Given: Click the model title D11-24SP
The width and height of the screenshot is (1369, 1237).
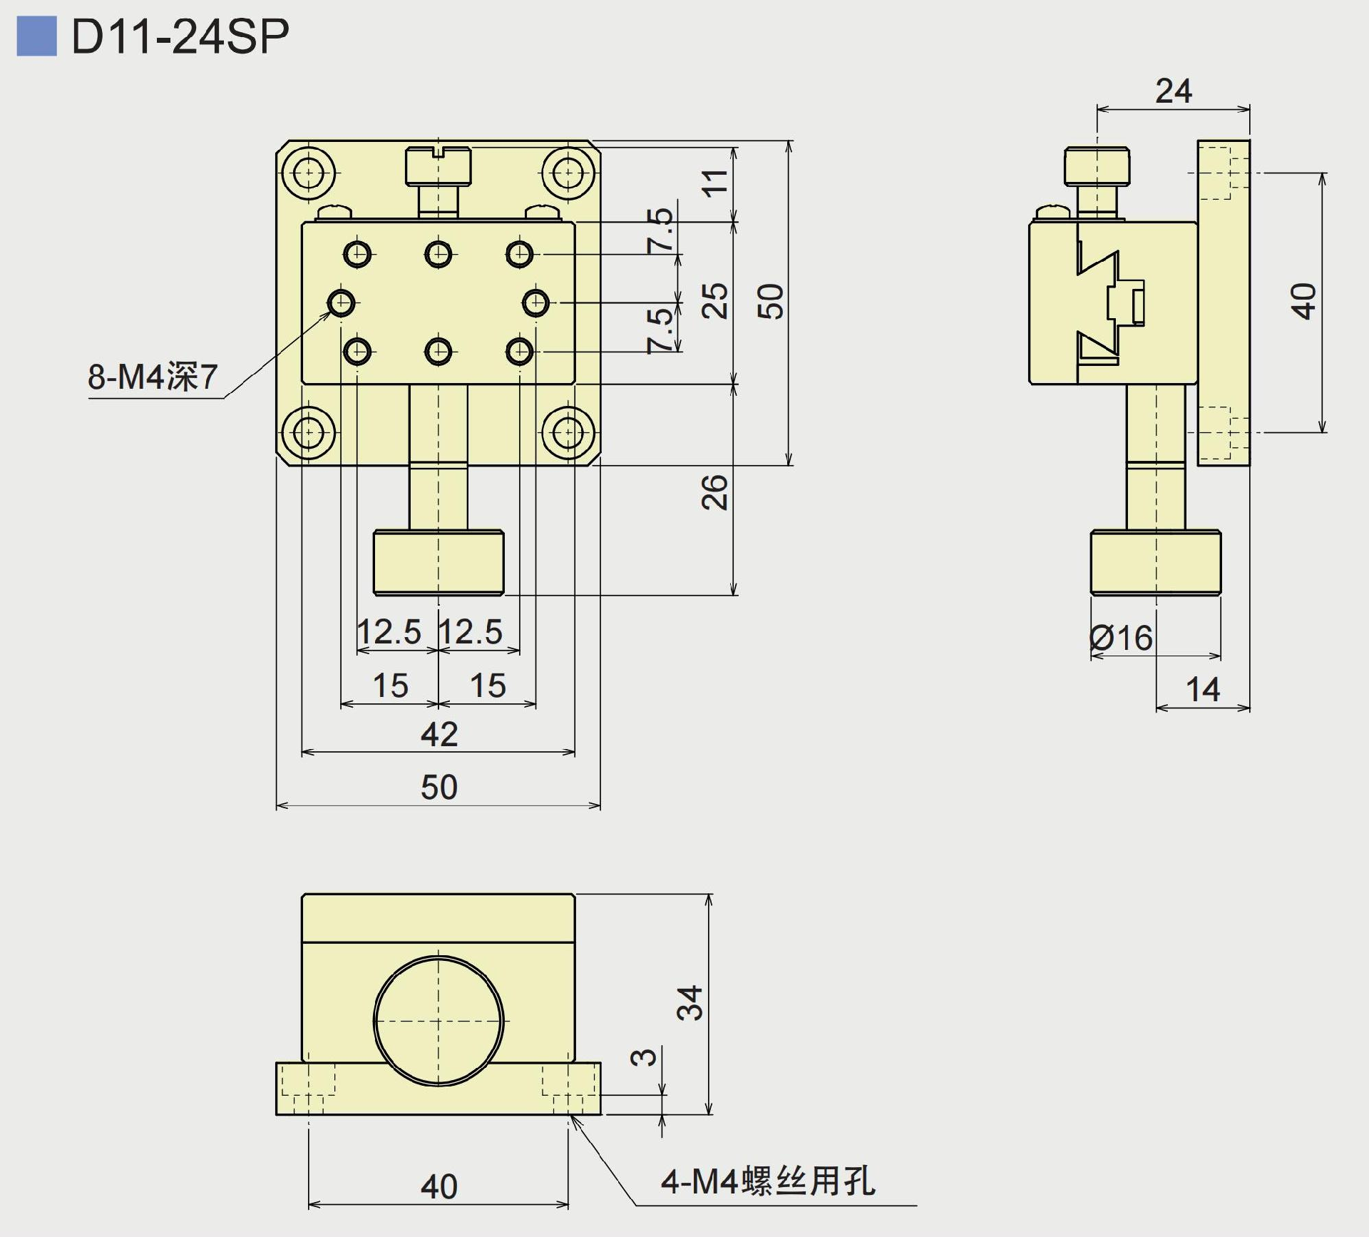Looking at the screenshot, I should click(180, 36).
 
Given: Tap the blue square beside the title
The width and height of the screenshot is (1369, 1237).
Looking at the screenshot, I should click(36, 36).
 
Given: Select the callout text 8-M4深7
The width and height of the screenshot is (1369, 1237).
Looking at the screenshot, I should click(152, 377).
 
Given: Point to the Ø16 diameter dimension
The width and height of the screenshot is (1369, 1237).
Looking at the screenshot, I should click(1122, 638).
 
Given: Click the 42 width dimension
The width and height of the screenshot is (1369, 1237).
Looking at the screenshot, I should click(439, 734).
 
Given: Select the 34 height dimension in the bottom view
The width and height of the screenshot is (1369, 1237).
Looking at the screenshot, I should click(691, 1002).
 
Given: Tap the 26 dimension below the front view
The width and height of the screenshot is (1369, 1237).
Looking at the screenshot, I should click(715, 492).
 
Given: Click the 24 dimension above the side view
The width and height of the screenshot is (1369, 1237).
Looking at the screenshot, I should click(1173, 91).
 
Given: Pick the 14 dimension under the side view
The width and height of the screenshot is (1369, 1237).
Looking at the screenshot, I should click(1203, 690).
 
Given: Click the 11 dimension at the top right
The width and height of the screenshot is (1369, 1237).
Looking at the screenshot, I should click(715, 182).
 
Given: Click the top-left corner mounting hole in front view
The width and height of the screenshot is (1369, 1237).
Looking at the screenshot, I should click(308, 173).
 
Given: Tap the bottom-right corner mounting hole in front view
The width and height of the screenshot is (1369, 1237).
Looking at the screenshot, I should click(568, 432).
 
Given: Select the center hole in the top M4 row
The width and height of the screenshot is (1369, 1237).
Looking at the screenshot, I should click(439, 253).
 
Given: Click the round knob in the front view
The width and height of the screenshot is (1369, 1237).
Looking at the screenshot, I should click(439, 563).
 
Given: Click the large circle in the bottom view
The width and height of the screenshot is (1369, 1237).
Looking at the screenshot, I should click(439, 1021).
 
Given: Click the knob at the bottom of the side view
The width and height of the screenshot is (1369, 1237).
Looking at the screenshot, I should click(1156, 563).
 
